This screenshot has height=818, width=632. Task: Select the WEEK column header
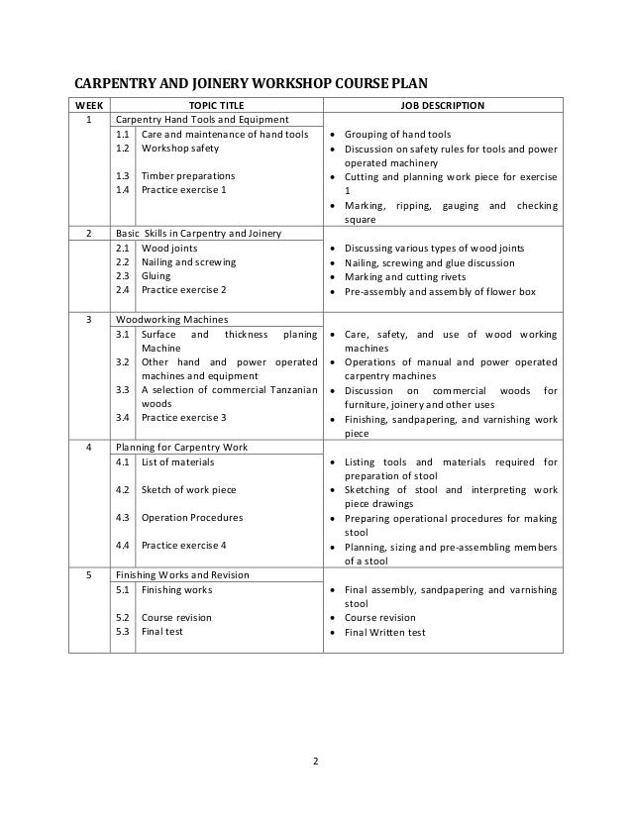pos(88,103)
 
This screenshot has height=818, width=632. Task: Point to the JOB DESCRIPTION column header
pos(442,103)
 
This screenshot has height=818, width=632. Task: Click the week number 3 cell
pos(88,320)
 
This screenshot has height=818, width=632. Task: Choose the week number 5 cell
pos(88,574)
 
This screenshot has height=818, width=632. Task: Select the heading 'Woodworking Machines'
pos(172,320)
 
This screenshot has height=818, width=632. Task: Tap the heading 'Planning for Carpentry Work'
pos(181,447)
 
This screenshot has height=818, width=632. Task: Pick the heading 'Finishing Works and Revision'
pos(182,574)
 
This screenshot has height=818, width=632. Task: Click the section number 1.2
pos(124,148)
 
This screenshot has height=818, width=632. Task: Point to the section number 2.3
pos(124,276)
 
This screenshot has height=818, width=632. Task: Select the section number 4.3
pos(124,517)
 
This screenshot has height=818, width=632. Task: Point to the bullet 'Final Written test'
pos(384,632)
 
